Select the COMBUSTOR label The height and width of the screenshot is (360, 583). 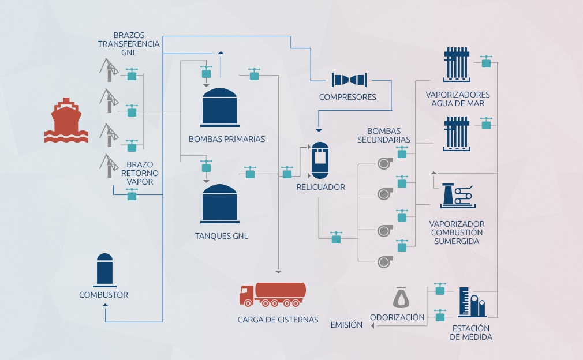[x=103, y=295]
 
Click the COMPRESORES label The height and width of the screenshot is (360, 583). [x=347, y=97]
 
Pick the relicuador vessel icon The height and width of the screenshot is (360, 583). [x=320, y=160]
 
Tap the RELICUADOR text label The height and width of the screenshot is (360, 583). [x=320, y=187]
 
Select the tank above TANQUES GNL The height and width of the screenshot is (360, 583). [x=219, y=203]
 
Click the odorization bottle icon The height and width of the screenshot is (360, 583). [x=400, y=297]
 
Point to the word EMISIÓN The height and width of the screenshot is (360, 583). [x=346, y=325]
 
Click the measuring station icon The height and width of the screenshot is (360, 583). [x=471, y=302]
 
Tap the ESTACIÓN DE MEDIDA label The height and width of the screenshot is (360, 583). [x=472, y=333]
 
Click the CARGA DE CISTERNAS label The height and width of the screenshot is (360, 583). [x=278, y=320]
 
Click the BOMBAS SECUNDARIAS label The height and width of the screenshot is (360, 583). [x=383, y=135]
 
